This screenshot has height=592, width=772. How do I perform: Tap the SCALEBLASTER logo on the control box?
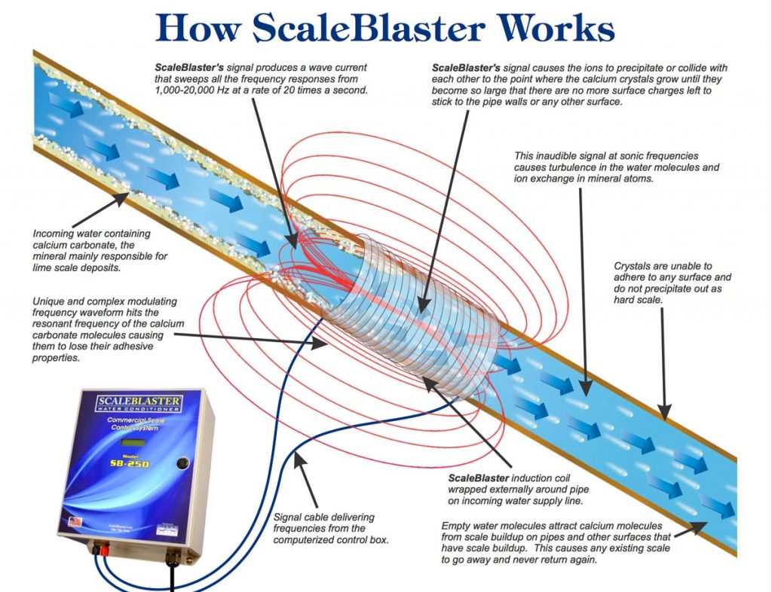(x=138, y=401)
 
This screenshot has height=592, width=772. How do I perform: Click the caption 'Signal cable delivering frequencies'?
(x=330, y=528)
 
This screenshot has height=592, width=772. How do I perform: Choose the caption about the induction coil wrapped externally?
(x=511, y=488)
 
